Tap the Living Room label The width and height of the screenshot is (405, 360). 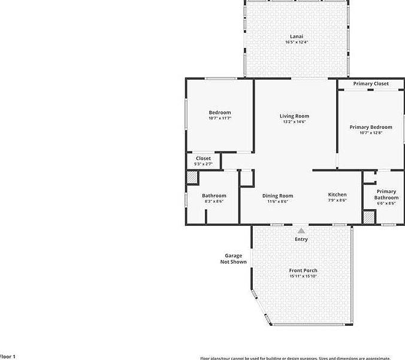point(294,116)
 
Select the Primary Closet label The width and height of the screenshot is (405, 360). point(370,84)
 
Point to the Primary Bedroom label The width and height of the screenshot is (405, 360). point(371,127)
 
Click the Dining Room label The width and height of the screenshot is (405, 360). point(277,196)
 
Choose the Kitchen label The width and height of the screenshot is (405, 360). point(337,195)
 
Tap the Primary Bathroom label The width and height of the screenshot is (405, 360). point(386,195)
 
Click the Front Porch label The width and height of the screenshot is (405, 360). point(303,271)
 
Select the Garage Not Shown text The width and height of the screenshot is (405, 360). point(233,259)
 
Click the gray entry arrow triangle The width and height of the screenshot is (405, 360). point(301,230)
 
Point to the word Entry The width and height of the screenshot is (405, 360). point(301,240)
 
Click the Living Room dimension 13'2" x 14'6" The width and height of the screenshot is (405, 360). point(294,122)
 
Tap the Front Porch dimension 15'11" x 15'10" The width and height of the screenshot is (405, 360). point(303,277)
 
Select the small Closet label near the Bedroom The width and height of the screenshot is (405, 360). point(203,158)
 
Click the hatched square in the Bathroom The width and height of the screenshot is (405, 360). point(192,178)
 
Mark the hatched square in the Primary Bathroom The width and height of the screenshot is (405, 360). point(369,217)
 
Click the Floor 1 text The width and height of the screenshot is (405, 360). point(8,356)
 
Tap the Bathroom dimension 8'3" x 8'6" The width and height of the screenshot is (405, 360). point(214,202)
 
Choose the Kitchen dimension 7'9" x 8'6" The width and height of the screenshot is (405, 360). point(337,201)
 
